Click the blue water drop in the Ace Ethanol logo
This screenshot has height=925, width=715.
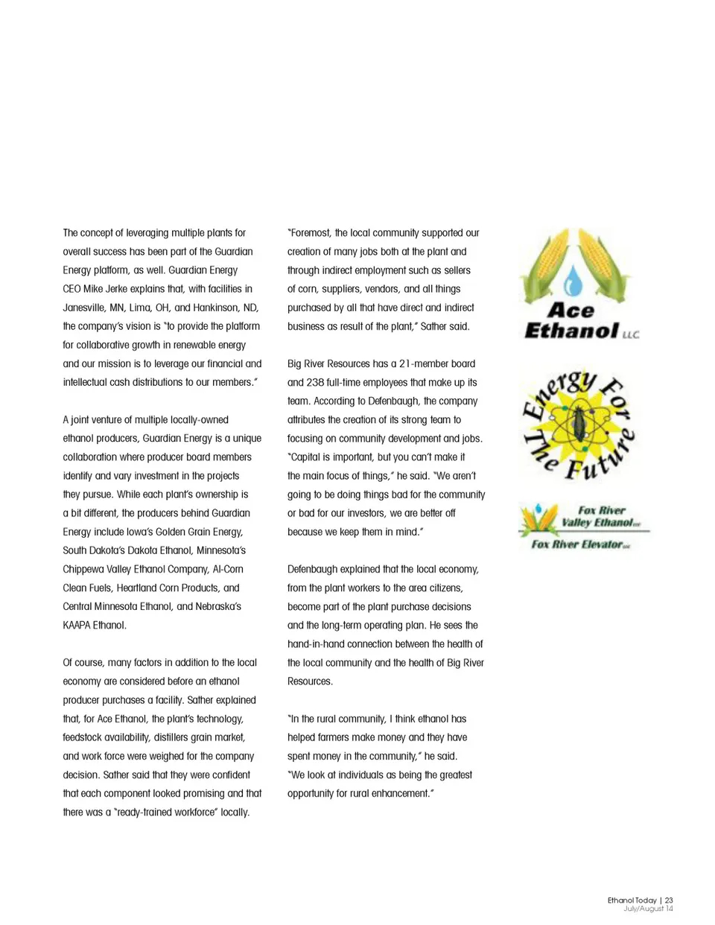pos(573,281)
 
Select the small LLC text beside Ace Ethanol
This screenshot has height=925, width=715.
pos(631,334)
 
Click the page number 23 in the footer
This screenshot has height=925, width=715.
pos(669,900)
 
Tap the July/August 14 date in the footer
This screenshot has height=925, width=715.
pos(648,909)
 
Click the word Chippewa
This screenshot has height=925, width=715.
pos(83,569)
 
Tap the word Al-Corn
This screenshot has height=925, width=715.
pos(228,569)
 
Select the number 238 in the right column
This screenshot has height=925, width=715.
pos(315,382)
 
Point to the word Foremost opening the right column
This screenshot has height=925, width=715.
pos(310,233)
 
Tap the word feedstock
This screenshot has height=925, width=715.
pos(85,737)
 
